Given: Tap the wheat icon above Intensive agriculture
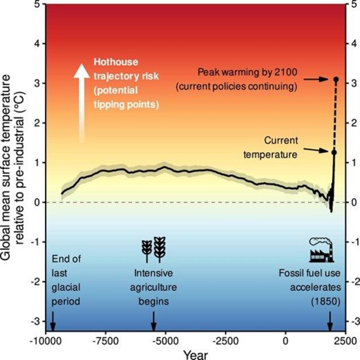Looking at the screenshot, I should click(153, 249).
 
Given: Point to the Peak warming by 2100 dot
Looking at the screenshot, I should click(336, 80).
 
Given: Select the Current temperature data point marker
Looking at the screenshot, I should click(334, 152).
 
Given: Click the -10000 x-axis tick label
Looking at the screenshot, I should click(43, 341).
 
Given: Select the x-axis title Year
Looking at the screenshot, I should click(195, 354).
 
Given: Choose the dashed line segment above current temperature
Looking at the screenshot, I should click(335, 116).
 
